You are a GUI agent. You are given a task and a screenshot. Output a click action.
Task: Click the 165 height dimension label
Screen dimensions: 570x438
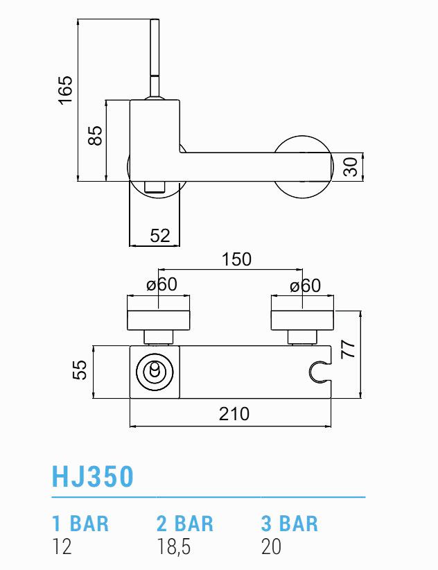click(64, 89)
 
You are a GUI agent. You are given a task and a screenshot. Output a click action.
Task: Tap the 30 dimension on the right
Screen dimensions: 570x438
click(351, 166)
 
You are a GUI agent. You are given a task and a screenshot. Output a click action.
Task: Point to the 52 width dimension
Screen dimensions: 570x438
click(160, 236)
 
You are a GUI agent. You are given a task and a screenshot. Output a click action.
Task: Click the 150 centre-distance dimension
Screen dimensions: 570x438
click(236, 260)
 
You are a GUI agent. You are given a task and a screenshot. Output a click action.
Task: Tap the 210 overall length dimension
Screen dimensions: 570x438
click(234, 414)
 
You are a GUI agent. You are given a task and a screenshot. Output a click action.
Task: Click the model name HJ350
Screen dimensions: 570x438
click(93, 477)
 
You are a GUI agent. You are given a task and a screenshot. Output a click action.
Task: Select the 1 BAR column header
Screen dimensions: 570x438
click(80, 523)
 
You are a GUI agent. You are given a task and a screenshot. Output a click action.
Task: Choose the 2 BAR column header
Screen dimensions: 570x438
click(185, 523)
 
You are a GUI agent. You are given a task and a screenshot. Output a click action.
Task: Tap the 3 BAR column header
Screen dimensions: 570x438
click(290, 523)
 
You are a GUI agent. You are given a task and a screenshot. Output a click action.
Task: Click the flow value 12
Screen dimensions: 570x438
click(62, 547)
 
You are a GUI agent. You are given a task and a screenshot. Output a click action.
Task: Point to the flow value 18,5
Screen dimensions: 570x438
click(173, 547)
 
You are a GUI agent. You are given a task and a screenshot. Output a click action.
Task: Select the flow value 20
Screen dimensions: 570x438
click(272, 547)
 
